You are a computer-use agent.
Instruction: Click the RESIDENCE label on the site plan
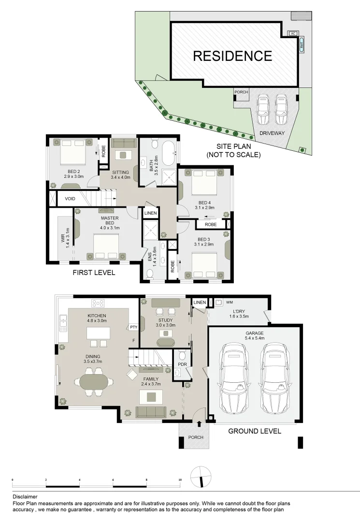pos(232,56)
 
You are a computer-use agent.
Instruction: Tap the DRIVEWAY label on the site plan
pos(271,133)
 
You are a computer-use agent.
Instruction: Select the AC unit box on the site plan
pos(292,33)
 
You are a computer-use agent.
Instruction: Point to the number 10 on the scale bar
pos(180,480)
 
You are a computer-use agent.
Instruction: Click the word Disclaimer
pos(25,496)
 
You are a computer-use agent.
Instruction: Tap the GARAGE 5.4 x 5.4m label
pos(255,336)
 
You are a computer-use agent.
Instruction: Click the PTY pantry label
pos(134,328)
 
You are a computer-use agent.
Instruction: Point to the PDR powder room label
pos(182,364)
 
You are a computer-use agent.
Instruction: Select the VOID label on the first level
pos(71,198)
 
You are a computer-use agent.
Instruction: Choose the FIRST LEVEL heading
pos(94,273)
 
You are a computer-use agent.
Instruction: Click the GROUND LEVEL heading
pos(254,431)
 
